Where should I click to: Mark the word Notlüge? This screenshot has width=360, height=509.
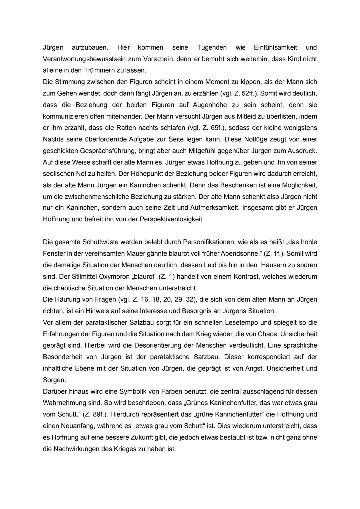(262, 139)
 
